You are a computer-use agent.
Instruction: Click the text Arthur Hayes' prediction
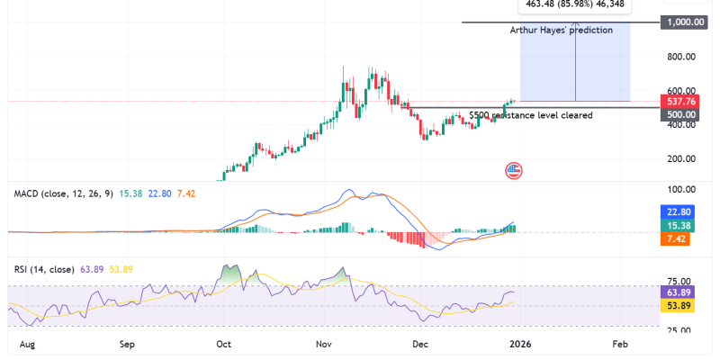(561, 30)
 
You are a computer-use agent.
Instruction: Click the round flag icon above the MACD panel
(514, 169)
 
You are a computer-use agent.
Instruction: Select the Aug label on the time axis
(27, 344)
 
